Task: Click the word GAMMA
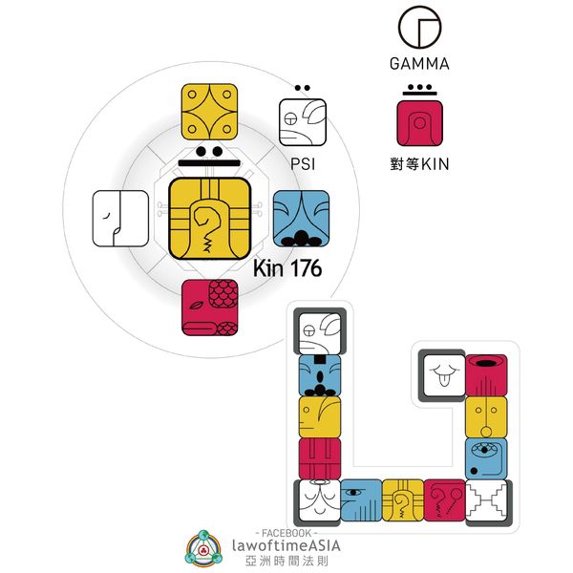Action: click(419, 65)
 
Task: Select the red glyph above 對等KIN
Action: click(420, 123)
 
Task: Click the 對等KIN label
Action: click(420, 164)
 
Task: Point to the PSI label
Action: click(302, 163)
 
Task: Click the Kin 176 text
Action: click(286, 268)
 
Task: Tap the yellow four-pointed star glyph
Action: click(209, 112)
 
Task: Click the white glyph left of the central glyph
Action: click(120, 219)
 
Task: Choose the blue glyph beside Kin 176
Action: click(301, 219)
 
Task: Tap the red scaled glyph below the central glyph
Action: click(210, 308)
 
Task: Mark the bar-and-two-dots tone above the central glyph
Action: click(210, 157)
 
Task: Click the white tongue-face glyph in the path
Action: click(442, 374)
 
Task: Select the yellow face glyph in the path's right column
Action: click(485, 416)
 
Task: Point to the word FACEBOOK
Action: click(289, 531)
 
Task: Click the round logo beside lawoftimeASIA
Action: click(204, 547)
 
